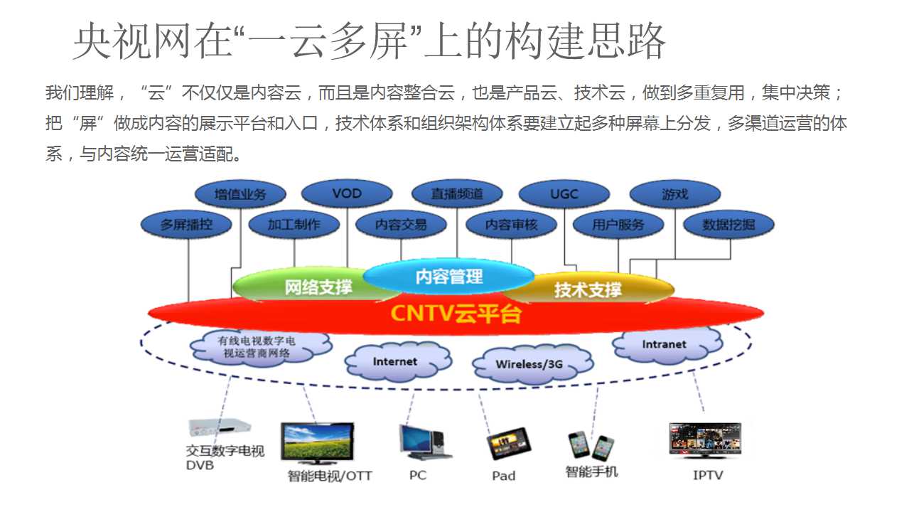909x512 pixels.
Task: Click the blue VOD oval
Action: pyautogui.click(x=347, y=193)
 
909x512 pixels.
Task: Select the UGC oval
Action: pyautogui.click(x=564, y=194)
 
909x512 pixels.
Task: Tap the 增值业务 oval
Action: pyautogui.click(x=240, y=194)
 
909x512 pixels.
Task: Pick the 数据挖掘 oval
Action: pyautogui.click(x=728, y=225)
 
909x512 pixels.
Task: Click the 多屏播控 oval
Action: pyautogui.click(x=186, y=225)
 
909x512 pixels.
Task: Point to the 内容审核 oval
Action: pyautogui.click(x=511, y=225)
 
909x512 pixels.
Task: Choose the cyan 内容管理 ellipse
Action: pyautogui.click(x=449, y=276)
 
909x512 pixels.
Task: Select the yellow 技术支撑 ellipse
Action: pyautogui.click(x=588, y=289)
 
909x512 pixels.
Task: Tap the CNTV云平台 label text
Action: pyautogui.click(x=456, y=314)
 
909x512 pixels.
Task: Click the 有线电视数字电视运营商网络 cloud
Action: pyautogui.click(x=260, y=347)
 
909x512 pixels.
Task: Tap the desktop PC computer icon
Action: pyautogui.click(x=424, y=442)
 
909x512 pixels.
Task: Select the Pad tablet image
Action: pyautogui.click(x=509, y=444)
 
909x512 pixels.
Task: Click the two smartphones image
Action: pyautogui.click(x=591, y=445)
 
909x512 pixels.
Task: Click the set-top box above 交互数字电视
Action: pyautogui.click(x=220, y=427)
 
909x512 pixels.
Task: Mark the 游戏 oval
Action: pyautogui.click(x=675, y=194)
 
